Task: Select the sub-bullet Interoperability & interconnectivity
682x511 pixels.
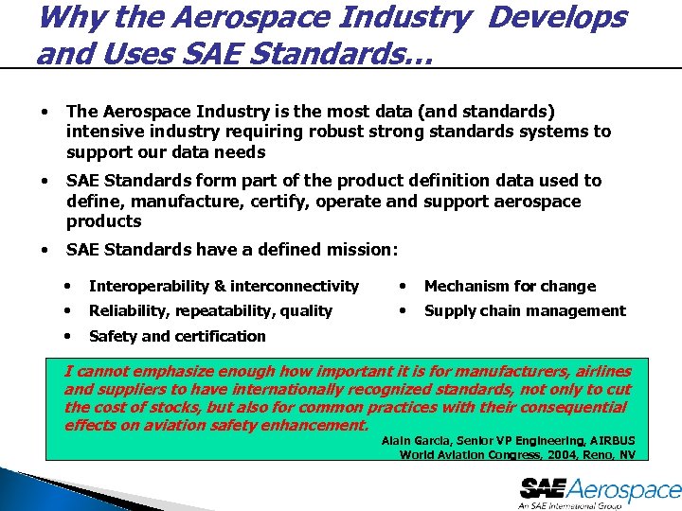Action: point(224,286)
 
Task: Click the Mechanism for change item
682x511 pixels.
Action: point(510,286)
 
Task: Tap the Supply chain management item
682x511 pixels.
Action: point(525,310)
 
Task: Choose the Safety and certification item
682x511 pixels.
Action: point(177,336)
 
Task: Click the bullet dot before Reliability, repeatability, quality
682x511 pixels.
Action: point(67,310)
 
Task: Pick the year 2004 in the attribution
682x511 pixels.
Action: point(561,455)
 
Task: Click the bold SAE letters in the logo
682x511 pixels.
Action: point(543,489)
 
